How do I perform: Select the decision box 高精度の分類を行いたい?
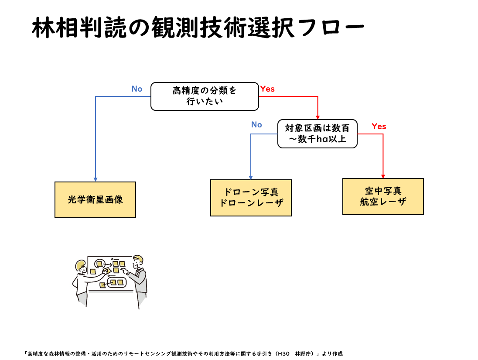point(205,96)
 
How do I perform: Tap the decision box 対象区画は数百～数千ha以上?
point(317,134)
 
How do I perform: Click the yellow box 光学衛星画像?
point(95,199)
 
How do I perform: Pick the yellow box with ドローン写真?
point(251,198)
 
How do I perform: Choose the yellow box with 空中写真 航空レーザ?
point(382,196)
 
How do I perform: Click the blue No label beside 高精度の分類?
point(137,89)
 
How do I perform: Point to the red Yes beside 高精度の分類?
point(267,89)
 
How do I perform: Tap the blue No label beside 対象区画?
point(256,125)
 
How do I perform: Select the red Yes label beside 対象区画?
point(379,127)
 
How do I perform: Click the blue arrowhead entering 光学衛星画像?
point(96,179)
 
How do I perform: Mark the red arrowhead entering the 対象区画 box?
point(318,117)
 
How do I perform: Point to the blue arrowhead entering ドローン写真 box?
point(251,178)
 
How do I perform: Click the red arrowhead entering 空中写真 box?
point(383,176)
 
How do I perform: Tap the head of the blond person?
point(81,266)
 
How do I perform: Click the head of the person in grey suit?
point(138,261)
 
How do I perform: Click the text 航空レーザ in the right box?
point(382,202)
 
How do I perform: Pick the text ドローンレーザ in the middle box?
point(251,203)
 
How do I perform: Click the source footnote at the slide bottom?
point(184,353)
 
